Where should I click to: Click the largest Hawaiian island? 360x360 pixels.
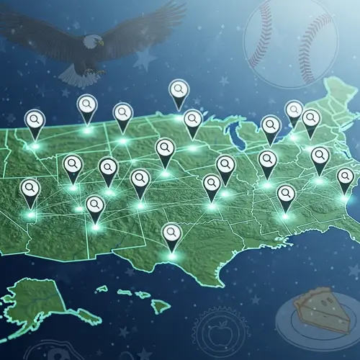coord(160,306)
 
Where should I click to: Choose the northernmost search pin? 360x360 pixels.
coord(179,91)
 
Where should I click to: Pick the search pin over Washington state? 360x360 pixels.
coord(34,120)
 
